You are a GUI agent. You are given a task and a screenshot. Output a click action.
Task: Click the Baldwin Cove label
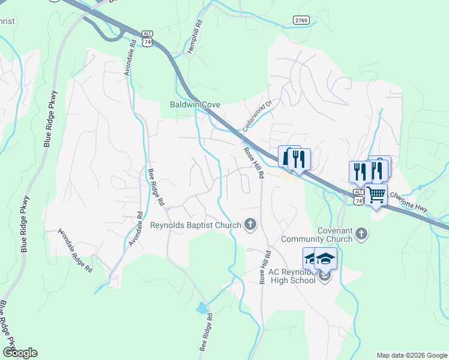195,104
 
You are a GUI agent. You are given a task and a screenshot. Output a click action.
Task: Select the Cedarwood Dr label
259,110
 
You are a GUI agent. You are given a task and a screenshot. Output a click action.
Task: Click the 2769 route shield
301,20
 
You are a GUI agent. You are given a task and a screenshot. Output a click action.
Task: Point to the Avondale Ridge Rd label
75,251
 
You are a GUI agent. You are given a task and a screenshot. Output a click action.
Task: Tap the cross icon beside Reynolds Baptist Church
250,225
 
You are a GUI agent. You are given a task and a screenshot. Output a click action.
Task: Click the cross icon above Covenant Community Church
361,232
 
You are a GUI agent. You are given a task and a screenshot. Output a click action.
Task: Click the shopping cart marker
376,194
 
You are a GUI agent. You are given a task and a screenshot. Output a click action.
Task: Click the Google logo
19,353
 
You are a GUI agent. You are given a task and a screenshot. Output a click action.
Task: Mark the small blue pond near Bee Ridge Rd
202,308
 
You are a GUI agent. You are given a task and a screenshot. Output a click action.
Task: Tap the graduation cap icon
325,259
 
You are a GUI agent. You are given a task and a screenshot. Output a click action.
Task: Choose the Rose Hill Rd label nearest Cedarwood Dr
254,163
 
